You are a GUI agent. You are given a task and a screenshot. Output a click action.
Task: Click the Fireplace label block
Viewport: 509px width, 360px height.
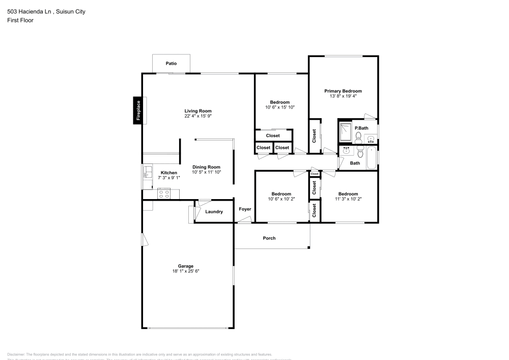click(137, 110)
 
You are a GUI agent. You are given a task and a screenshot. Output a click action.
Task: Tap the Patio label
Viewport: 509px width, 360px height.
click(172, 64)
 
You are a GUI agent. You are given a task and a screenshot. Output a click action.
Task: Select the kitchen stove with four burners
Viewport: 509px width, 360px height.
click(164, 193)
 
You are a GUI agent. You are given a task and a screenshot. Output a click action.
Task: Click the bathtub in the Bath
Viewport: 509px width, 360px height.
click(372, 158)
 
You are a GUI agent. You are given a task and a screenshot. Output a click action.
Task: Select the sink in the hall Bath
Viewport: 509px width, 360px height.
click(347, 151)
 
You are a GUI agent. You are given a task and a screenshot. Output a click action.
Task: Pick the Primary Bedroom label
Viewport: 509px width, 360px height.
click(343, 91)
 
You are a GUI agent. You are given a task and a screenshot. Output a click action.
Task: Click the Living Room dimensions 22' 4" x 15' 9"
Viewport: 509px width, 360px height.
click(197, 116)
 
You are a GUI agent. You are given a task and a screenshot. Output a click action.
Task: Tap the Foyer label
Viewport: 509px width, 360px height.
click(245, 209)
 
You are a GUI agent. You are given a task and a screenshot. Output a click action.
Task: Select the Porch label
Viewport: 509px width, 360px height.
click(269, 238)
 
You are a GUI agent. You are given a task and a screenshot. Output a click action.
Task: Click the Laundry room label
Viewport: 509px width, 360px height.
click(214, 211)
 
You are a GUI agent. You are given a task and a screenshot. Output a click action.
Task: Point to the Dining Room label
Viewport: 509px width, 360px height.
click(206, 167)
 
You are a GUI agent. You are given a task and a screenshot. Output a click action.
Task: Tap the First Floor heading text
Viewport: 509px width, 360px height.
click(20, 20)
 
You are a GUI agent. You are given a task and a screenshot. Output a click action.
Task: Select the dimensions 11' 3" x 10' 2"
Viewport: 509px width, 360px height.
click(348, 199)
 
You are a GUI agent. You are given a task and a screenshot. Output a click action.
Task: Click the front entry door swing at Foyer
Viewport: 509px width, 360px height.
click(244, 220)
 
